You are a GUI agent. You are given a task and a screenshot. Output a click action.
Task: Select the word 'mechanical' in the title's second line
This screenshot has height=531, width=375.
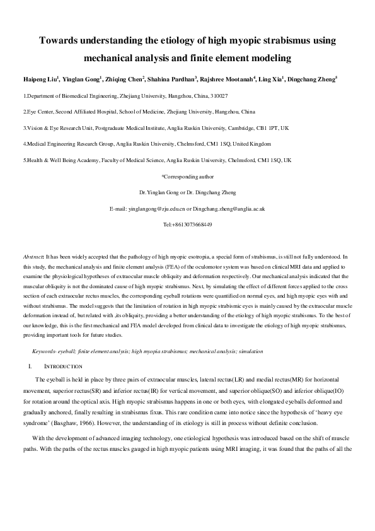pyautogui.click(x=111, y=59)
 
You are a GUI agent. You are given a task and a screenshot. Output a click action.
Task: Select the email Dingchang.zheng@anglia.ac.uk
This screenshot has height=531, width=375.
pyautogui.click(x=229, y=208)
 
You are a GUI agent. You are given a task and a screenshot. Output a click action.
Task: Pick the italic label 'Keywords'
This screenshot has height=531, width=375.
pyautogui.click(x=43, y=351)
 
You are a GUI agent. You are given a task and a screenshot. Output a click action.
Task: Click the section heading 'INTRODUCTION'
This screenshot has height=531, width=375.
pyautogui.click(x=61, y=366)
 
